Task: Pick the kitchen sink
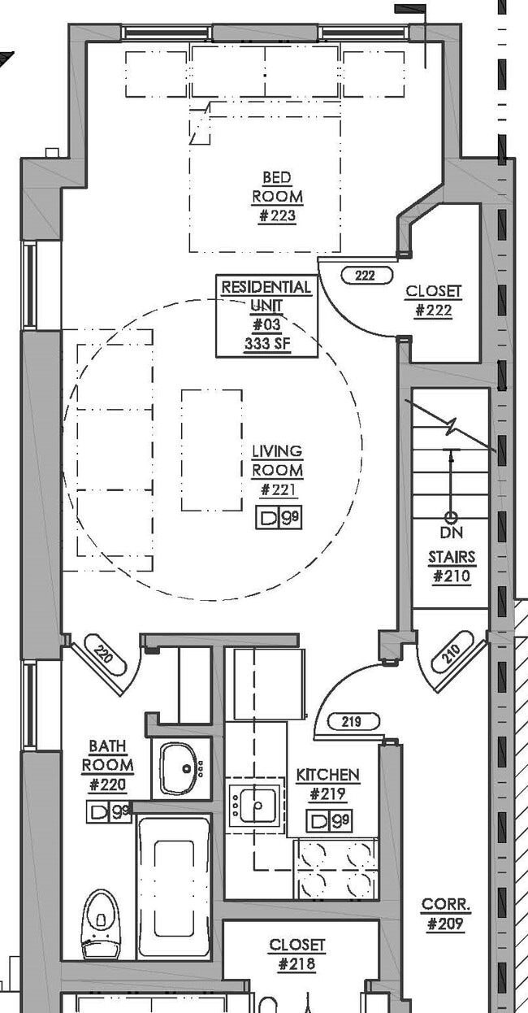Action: coord(258,806)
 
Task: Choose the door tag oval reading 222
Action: coord(366,276)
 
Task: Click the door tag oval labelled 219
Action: coord(353,721)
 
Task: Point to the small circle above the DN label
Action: coord(451,517)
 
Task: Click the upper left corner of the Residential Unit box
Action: coord(216,275)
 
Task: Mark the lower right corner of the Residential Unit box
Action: coord(318,357)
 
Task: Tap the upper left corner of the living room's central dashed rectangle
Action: coord(182,390)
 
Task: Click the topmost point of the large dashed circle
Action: coord(212,298)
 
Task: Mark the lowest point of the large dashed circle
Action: coord(212,601)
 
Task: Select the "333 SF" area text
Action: coord(267,344)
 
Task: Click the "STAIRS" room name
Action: coord(452,557)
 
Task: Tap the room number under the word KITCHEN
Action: coord(328,793)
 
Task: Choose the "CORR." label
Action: coord(446,904)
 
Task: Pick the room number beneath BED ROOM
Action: coord(277,215)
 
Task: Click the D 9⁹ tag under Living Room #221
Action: coord(279,517)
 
